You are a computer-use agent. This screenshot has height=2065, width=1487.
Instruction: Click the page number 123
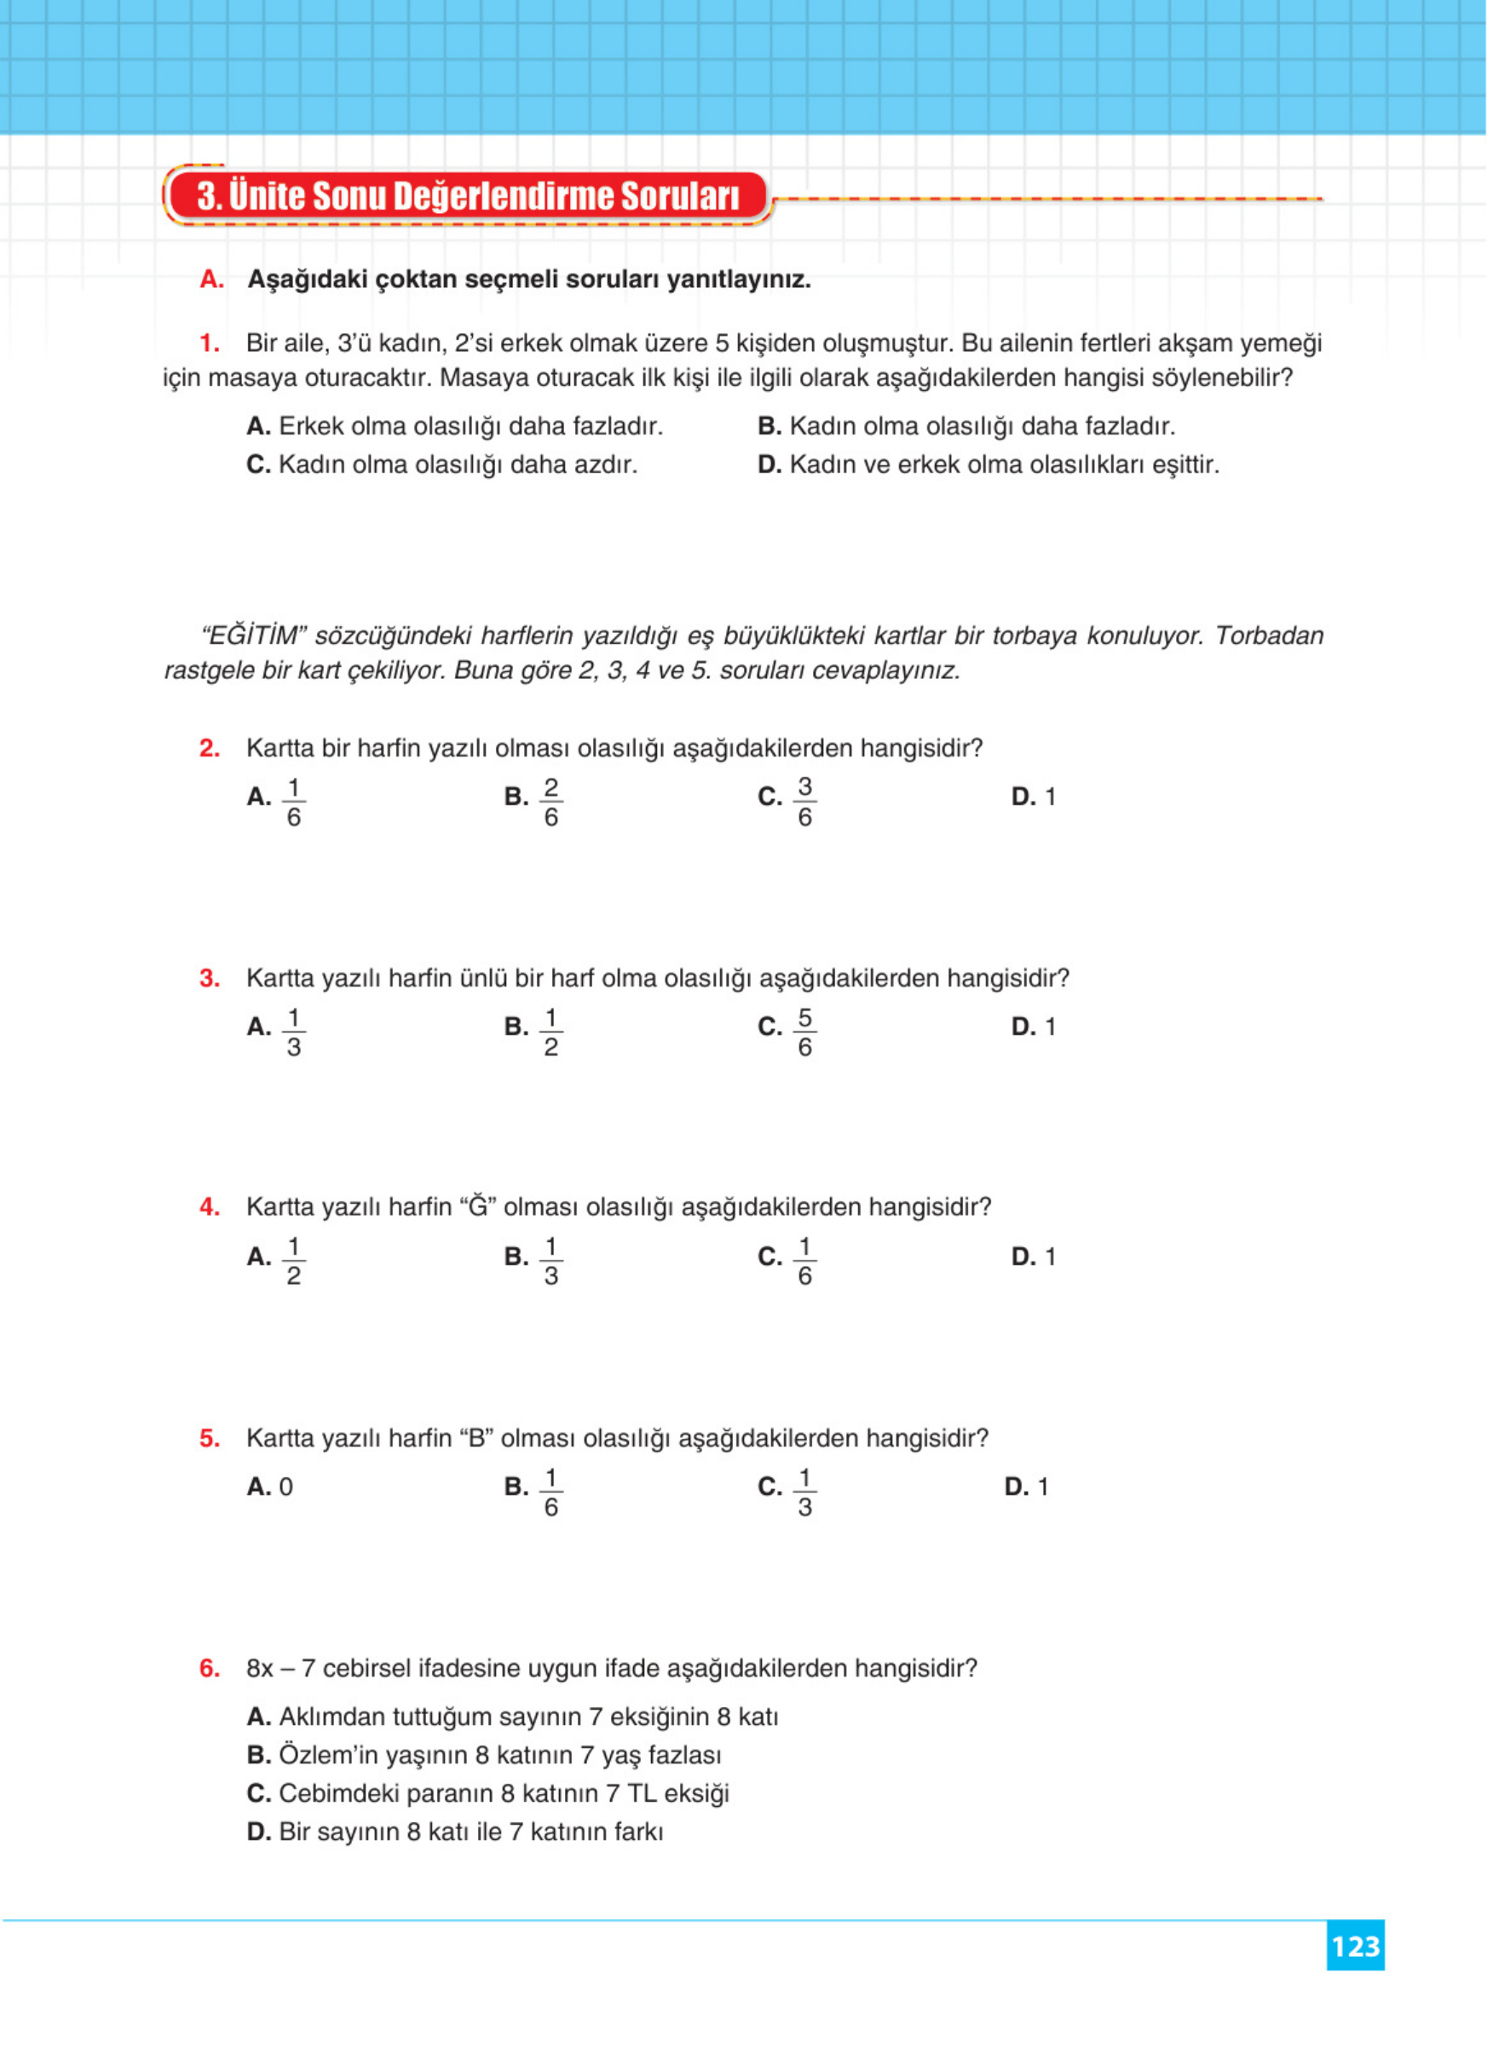1355,1946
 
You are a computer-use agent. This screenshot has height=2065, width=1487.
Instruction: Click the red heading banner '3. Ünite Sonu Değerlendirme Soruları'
467,196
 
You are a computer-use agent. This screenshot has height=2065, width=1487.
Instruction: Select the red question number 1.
210,343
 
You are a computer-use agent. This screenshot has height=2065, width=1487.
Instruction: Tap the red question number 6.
210,1668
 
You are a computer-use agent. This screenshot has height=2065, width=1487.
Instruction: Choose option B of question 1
965,426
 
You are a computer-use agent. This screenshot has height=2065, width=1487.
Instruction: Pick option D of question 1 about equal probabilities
987,464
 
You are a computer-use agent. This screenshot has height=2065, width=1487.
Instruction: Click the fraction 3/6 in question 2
804,802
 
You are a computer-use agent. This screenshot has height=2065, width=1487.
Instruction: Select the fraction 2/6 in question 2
550,802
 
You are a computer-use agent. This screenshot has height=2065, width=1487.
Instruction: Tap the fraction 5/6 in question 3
804,1032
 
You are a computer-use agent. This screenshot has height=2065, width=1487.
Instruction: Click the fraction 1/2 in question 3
550,1032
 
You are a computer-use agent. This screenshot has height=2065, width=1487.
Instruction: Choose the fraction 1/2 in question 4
293,1261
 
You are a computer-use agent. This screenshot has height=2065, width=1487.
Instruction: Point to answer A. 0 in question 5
270,1487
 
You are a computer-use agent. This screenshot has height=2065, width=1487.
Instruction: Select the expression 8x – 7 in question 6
280,1668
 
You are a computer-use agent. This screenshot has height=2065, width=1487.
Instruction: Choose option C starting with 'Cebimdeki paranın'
487,1792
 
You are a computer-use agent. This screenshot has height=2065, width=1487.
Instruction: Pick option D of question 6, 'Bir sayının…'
454,1831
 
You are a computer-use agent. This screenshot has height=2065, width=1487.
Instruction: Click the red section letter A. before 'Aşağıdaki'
211,279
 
